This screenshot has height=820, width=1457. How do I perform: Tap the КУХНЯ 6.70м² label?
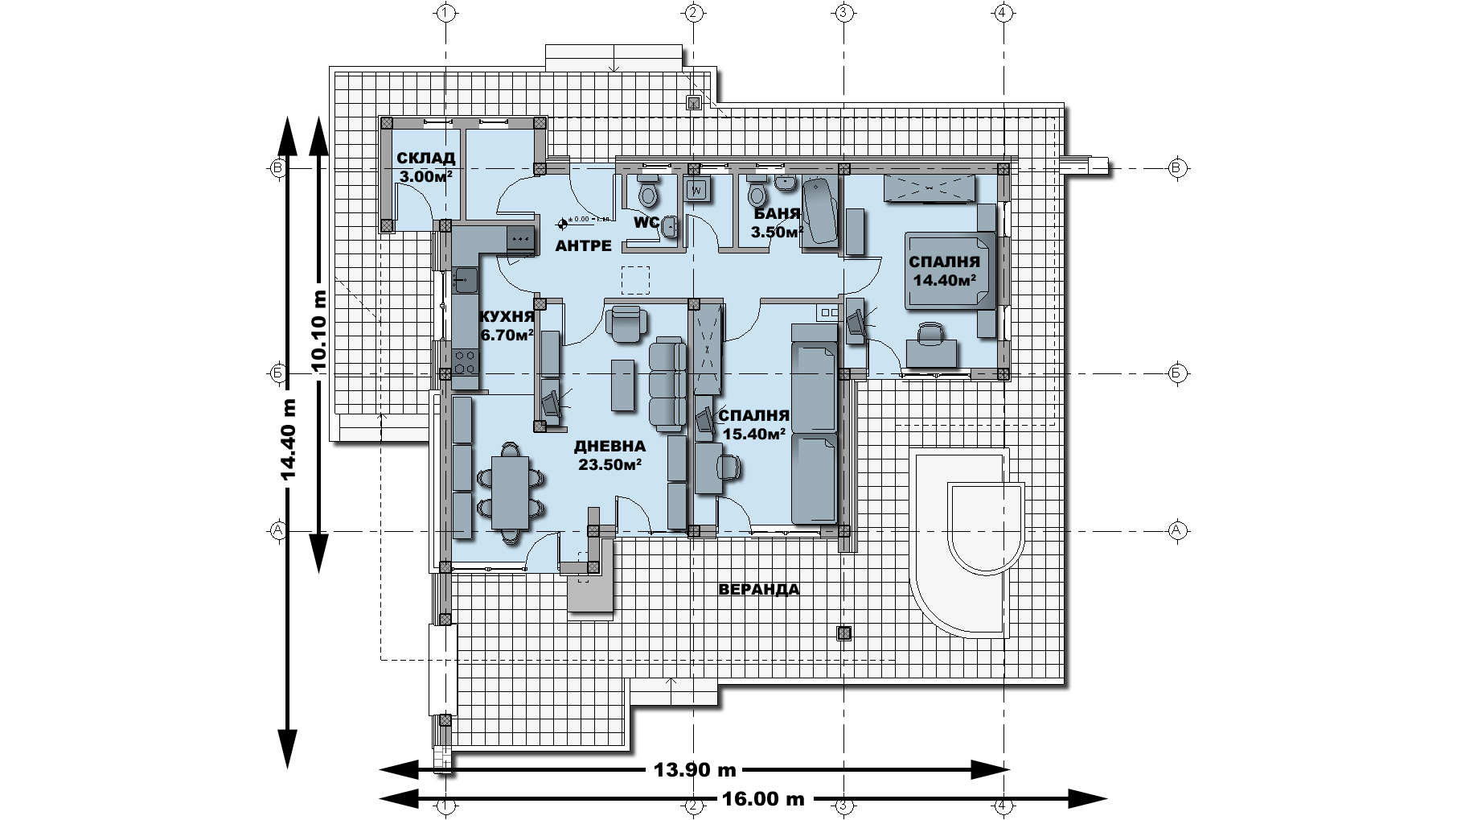(x=507, y=325)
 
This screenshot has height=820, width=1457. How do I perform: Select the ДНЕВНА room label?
(x=609, y=447)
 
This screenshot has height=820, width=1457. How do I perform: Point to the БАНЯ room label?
(x=777, y=214)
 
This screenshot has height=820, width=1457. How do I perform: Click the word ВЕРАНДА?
(x=758, y=590)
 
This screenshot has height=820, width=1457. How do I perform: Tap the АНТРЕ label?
(x=584, y=246)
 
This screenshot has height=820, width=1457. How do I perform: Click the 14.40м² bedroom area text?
(x=945, y=280)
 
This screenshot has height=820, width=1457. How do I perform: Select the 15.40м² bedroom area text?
(x=753, y=434)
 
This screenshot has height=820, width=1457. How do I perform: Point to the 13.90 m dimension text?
(x=695, y=770)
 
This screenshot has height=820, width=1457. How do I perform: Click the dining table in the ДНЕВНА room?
(x=510, y=491)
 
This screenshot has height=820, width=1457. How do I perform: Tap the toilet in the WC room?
(x=647, y=193)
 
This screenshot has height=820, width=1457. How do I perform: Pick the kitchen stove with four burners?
(x=465, y=361)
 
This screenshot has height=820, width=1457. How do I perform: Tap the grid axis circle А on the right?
(x=1176, y=530)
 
